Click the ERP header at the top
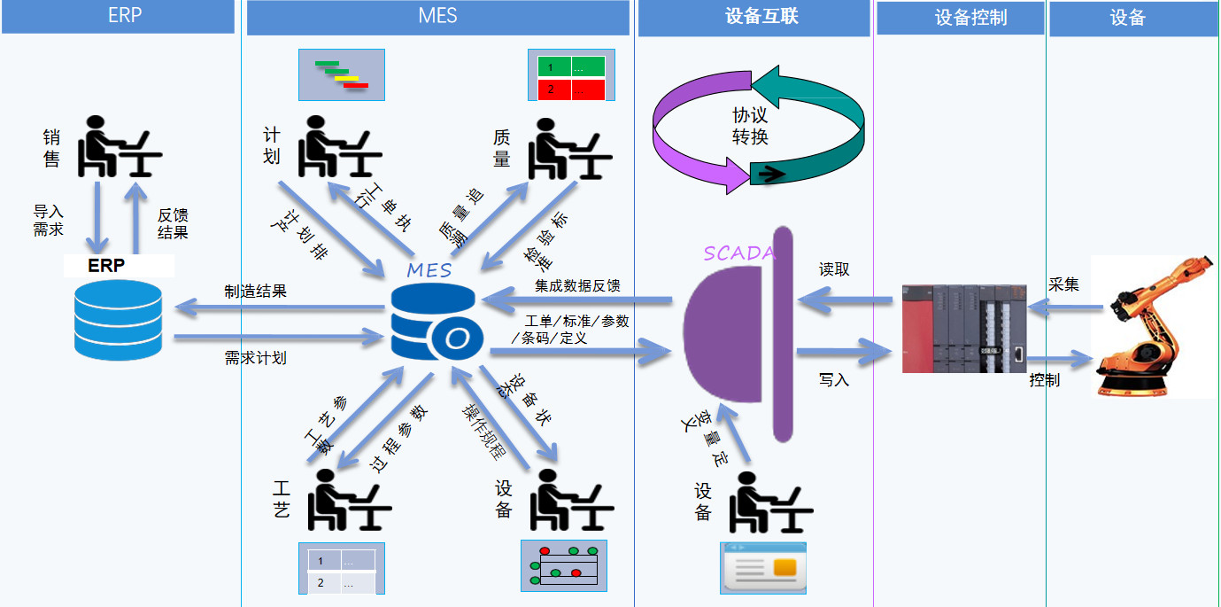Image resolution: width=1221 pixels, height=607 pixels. [x=124, y=16]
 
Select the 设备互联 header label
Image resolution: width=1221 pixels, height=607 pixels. [x=754, y=16]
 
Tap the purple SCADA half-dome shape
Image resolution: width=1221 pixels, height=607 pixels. [x=722, y=332]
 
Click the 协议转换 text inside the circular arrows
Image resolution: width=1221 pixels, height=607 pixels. [x=750, y=126]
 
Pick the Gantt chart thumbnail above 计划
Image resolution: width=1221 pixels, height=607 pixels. [x=342, y=74]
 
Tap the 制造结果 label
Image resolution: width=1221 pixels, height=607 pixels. [x=255, y=291]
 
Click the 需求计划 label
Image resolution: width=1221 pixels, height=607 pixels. [x=255, y=358]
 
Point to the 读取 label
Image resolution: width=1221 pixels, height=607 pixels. [x=834, y=269]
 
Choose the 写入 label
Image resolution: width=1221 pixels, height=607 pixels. [x=834, y=379]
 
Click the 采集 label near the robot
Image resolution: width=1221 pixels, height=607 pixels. [x=1063, y=284]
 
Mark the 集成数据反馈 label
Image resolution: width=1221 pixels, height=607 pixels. [x=577, y=285]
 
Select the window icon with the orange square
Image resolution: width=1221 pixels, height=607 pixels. [x=762, y=567]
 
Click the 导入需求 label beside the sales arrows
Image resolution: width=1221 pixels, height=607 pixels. [x=49, y=222]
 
